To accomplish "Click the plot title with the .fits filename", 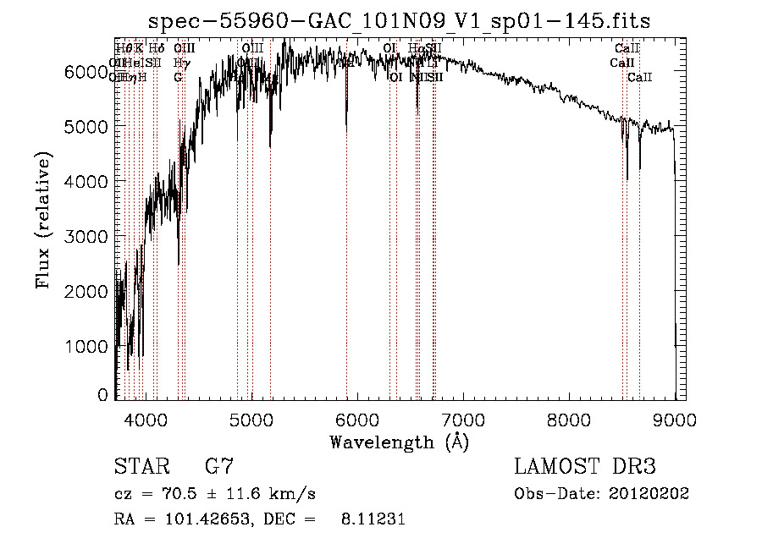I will coord(399,21).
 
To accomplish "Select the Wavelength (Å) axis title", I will coord(399,442).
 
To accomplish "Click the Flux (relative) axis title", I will coord(43,220).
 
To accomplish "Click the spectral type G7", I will coord(219,467).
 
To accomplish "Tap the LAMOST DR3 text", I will coord(585,467).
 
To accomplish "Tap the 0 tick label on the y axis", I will coord(103,395).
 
